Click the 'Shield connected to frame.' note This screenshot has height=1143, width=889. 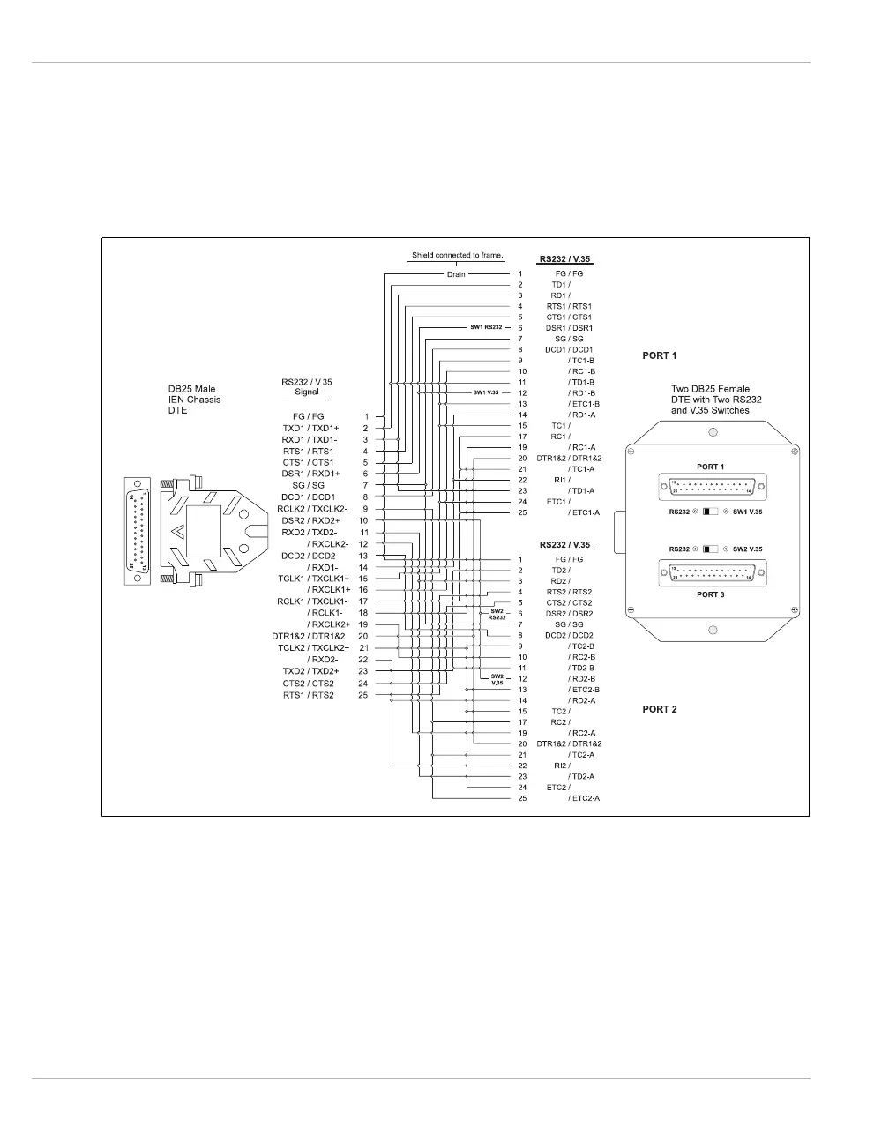457,256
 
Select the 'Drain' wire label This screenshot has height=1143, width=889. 456,274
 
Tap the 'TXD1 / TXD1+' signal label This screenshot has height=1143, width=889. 310,428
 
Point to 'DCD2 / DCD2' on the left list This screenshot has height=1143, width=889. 309,556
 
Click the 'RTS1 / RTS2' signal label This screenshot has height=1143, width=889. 309,695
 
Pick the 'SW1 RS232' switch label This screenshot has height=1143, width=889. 486,327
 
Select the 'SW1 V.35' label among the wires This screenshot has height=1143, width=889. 486,392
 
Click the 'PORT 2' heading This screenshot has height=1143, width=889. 660,709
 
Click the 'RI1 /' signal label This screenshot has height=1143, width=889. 560,480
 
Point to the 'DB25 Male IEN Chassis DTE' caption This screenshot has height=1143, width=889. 195,400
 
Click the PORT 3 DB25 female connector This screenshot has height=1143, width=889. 712,573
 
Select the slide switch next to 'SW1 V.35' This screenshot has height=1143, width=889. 711,512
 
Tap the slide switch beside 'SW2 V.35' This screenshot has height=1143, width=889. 711,549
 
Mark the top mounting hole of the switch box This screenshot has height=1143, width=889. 713,432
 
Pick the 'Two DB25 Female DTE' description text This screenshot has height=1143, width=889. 716,400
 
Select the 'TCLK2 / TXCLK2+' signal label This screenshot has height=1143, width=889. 313,647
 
